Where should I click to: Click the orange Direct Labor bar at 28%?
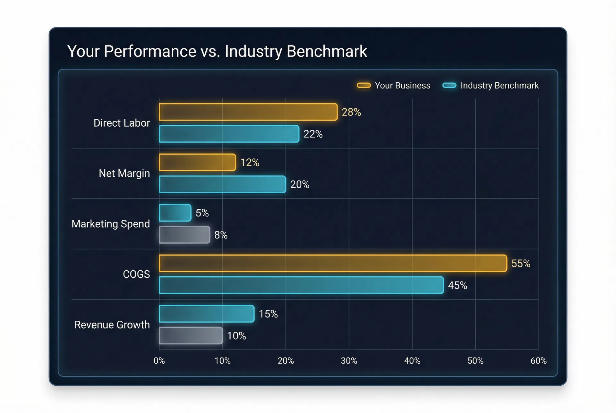click(x=248, y=112)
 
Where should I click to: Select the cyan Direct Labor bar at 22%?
click(x=229, y=134)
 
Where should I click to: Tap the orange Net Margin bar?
click(x=197, y=162)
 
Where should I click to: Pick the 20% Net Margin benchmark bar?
click(x=222, y=184)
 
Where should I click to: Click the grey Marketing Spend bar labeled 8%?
click(x=184, y=235)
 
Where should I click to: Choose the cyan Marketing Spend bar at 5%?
click(x=175, y=213)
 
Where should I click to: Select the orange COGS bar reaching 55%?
click(x=333, y=263)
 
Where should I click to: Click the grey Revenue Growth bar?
click(x=191, y=336)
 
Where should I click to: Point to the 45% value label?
click(x=458, y=285)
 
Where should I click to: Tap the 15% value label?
click(x=268, y=314)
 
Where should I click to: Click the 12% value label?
click(x=250, y=163)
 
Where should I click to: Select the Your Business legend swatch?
click(x=364, y=85)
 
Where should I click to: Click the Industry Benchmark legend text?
click(x=500, y=86)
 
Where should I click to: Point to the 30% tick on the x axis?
click(x=349, y=361)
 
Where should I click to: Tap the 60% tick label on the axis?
click(x=538, y=361)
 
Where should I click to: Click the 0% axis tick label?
click(x=159, y=361)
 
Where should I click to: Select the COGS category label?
click(x=136, y=274)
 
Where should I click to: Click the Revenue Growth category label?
click(x=112, y=325)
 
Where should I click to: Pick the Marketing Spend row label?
click(x=111, y=224)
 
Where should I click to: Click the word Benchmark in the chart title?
click(x=327, y=51)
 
